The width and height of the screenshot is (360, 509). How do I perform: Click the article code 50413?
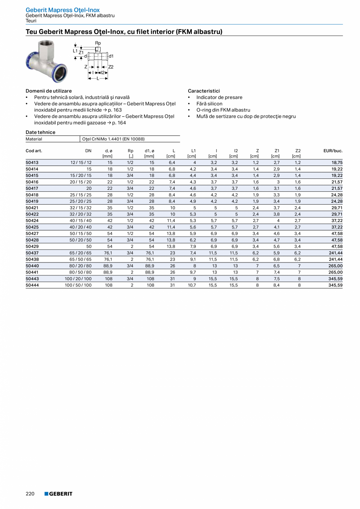32,162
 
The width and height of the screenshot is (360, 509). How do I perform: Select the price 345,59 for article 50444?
336,286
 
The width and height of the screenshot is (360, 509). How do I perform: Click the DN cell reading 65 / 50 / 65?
81,259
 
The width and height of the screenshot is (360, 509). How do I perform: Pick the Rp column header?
130,151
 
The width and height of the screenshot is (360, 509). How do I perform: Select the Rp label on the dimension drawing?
98,43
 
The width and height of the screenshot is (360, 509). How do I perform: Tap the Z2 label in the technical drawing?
111,67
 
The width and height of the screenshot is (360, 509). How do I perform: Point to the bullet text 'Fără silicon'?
209,104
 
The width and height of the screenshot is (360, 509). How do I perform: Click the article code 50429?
32,246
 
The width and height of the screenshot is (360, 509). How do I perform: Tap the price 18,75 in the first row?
337,162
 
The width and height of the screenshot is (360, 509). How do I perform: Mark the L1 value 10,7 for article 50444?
192,286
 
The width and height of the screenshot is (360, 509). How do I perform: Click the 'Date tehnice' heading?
40,132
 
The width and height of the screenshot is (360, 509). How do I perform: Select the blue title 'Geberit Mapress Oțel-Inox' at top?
63,10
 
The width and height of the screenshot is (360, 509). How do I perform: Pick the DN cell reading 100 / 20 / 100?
78,279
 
